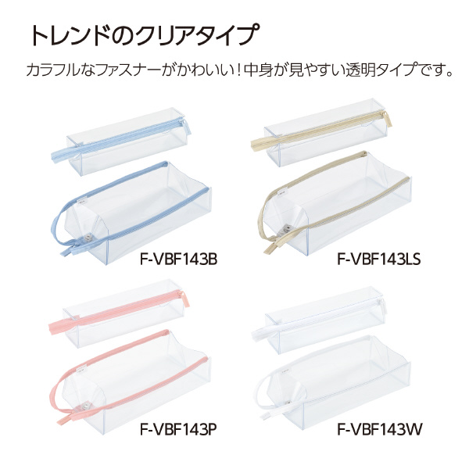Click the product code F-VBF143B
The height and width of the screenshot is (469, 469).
[178, 260]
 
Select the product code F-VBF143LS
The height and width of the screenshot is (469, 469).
[379, 260]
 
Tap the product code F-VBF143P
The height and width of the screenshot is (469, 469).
[178, 430]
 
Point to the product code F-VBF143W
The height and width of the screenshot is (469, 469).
[380, 430]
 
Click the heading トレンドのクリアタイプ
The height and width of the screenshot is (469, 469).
[144, 35]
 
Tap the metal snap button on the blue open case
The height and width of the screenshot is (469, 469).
[88, 238]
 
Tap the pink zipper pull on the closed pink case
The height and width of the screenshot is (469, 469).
[184, 299]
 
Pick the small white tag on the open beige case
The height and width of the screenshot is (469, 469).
[281, 192]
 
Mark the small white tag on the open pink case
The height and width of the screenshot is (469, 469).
[81, 369]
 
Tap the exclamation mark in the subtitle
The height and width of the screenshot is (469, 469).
[238, 71]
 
